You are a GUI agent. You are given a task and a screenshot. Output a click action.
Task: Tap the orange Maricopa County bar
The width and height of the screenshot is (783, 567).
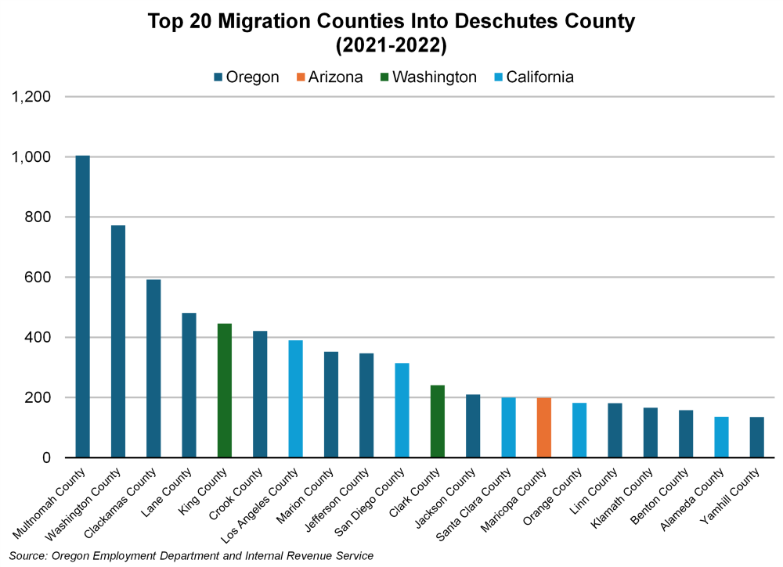click(544, 427)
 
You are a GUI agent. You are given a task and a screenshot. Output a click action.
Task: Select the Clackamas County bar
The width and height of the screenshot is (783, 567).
click(153, 368)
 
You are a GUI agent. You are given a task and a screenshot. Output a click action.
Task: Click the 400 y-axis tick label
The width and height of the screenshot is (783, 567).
click(38, 338)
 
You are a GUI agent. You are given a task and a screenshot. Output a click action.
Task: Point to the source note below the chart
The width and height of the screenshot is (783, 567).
click(191, 555)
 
